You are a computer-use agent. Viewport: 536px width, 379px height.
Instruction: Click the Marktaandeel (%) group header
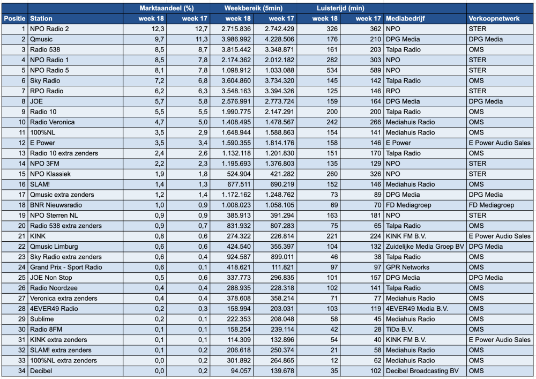pyautogui.click(x=167, y=8)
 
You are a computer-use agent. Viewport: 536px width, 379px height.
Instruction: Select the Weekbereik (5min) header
pyautogui.click(x=254, y=8)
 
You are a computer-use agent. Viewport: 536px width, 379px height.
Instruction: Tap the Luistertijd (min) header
pyautogui.click(x=340, y=8)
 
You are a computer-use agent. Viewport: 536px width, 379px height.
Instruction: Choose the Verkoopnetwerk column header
pyautogui.click(x=494, y=18)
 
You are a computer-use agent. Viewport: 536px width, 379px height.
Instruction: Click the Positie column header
pyautogui.click(x=14, y=18)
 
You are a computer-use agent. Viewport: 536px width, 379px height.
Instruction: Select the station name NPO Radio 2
pyautogui.click(x=49, y=29)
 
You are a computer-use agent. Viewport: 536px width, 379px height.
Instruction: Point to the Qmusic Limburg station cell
pyautogui.click(x=54, y=247)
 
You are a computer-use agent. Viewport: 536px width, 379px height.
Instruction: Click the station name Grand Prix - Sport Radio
pyautogui.click(x=66, y=267)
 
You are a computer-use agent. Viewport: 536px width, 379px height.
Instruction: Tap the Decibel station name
pyautogui.click(x=41, y=371)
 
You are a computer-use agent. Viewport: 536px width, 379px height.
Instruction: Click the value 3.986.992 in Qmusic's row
pyautogui.click(x=236, y=39)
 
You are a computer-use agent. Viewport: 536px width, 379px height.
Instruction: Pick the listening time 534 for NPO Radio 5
pyautogui.click(x=332, y=70)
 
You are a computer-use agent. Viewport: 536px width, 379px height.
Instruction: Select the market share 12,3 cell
pyautogui.click(x=158, y=29)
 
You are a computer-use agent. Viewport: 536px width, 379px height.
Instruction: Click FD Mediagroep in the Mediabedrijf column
pyautogui.click(x=407, y=205)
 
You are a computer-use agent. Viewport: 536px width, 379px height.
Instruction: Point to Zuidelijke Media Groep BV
pyautogui.click(x=425, y=247)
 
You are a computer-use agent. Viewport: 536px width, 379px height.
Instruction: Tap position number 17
pyautogui.click(x=22, y=195)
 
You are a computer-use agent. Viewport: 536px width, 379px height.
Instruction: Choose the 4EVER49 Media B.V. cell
pyautogui.click(x=416, y=309)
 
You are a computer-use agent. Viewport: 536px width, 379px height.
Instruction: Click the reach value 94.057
pyautogui.click(x=241, y=371)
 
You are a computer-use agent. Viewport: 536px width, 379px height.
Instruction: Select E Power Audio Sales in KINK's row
pyautogui.click(x=500, y=236)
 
